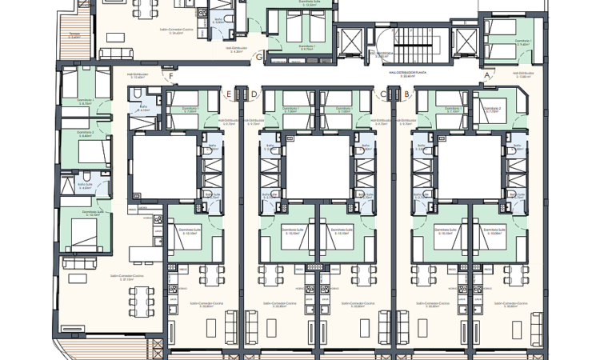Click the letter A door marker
coord(486,76)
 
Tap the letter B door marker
coord(406,94)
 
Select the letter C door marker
coord(383,94)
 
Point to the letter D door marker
coord(254,94)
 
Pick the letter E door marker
coord(229,94)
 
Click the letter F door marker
coord(170,77)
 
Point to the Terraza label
coord(74,36)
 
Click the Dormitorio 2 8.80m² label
coord(84,134)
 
